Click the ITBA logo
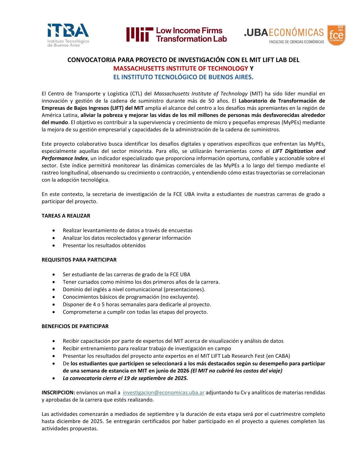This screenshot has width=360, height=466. coord(68,35)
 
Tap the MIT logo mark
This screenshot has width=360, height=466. coord(140,34)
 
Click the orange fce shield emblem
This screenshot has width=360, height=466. coord(336,35)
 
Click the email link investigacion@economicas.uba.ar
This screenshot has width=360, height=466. coord(164,392)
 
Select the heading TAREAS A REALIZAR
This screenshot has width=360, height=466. coord(66,216)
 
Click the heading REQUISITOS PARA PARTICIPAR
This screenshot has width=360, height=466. coord(79,260)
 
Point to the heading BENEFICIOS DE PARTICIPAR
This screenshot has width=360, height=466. coord(75,326)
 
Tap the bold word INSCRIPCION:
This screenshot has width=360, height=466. coord(58,392)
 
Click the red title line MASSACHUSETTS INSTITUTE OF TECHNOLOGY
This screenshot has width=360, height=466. coord(181,69)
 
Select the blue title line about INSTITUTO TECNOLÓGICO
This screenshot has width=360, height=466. coord(183,77)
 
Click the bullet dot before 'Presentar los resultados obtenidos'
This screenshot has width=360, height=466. coord(54,245)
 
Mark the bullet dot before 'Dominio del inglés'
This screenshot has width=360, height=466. coord(54,289)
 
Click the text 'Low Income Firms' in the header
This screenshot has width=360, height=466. coord(189,31)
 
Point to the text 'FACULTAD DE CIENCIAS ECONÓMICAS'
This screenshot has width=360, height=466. coord(296,42)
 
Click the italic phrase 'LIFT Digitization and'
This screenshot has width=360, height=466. coord(299,151)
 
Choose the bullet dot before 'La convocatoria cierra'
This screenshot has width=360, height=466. coord(54,378)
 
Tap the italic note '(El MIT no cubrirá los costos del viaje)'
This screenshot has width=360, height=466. coord(236,371)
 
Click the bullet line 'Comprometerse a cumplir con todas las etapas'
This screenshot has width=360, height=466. coord(135,312)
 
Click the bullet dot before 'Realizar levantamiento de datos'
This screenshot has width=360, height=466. coord(54,230)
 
